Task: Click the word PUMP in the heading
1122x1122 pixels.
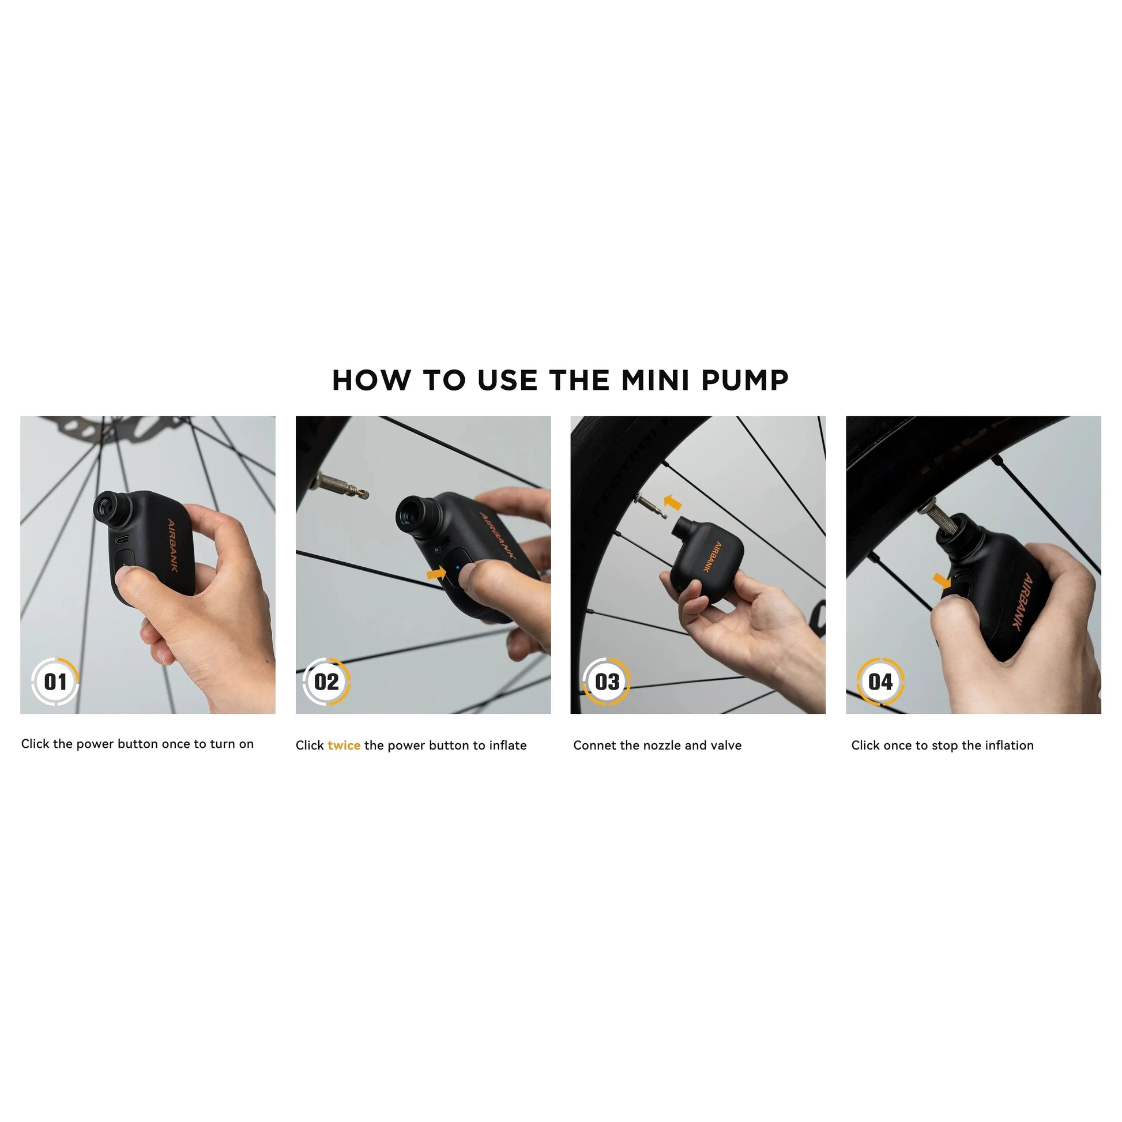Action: point(745,381)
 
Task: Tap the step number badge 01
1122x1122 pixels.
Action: point(55,682)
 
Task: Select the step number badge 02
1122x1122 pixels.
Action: point(326,682)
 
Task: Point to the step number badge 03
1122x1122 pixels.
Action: point(607,682)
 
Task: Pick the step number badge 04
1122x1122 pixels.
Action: point(880,682)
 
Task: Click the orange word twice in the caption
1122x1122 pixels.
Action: point(344,745)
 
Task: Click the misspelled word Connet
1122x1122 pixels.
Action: point(594,745)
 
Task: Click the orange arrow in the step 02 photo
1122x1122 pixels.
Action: point(436,574)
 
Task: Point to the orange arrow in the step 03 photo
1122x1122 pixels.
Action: point(672,502)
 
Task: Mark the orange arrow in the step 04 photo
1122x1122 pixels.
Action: point(942,579)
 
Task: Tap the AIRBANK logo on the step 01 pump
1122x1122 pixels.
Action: point(172,545)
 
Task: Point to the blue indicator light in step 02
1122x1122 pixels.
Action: point(458,568)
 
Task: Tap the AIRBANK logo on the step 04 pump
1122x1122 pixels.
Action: point(1024,601)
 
